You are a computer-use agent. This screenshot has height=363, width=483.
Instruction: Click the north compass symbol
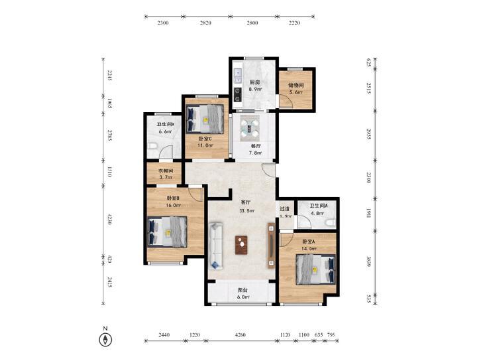pyautogui.click(x=105, y=340)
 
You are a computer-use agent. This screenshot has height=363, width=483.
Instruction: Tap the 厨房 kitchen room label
pyautogui.click(x=255, y=82)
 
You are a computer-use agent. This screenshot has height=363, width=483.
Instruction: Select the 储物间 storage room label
pyautogui.click(x=296, y=85)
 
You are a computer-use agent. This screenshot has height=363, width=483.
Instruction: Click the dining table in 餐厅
pyautogui.click(x=250, y=127)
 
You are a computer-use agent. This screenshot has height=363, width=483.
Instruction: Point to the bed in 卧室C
pyautogui.click(x=205, y=119)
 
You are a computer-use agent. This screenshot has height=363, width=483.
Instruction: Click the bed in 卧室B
pyautogui.click(x=167, y=232)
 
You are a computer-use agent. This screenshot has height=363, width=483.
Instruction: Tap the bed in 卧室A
pyautogui.click(x=316, y=269)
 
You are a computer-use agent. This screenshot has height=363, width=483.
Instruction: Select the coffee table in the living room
pyautogui.click(x=241, y=245)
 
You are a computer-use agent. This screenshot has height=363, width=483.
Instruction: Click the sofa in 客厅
pyautogui.click(x=216, y=246)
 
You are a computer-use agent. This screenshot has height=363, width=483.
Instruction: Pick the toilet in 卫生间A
pyautogui.click(x=330, y=222)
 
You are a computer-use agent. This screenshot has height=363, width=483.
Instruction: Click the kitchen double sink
pyautogui.click(x=238, y=76)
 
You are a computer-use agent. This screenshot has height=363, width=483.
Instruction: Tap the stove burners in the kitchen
pyautogui.click(x=238, y=95)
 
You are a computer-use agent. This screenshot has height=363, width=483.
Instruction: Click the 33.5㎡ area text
pyautogui.click(x=247, y=211)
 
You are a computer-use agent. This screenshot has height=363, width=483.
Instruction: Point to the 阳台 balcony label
pyautogui.click(x=243, y=290)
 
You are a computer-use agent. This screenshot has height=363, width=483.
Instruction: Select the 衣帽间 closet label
pyautogui.click(x=166, y=171)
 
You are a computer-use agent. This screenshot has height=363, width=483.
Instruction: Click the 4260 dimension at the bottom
pyautogui.click(x=241, y=334)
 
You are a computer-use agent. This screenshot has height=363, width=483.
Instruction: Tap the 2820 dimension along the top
pyautogui.click(x=205, y=23)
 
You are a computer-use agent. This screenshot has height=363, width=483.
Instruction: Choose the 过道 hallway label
pyautogui.click(x=284, y=209)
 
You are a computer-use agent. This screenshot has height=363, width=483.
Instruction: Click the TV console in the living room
pyautogui.click(x=272, y=246)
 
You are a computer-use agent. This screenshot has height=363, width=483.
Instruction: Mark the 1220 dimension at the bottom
pyautogui.click(x=195, y=334)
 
